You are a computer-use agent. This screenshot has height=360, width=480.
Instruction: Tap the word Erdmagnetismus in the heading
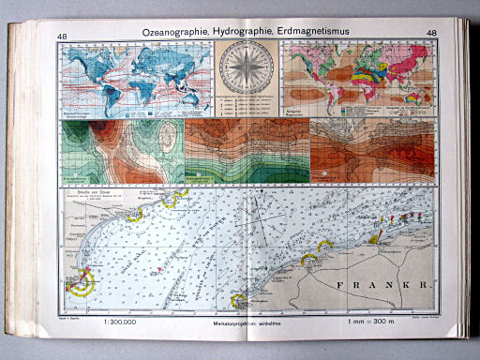[314, 35]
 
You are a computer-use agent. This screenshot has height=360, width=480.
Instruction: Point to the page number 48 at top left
[63, 37]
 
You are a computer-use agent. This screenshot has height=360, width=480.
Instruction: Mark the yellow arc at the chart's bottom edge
[238, 302]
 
